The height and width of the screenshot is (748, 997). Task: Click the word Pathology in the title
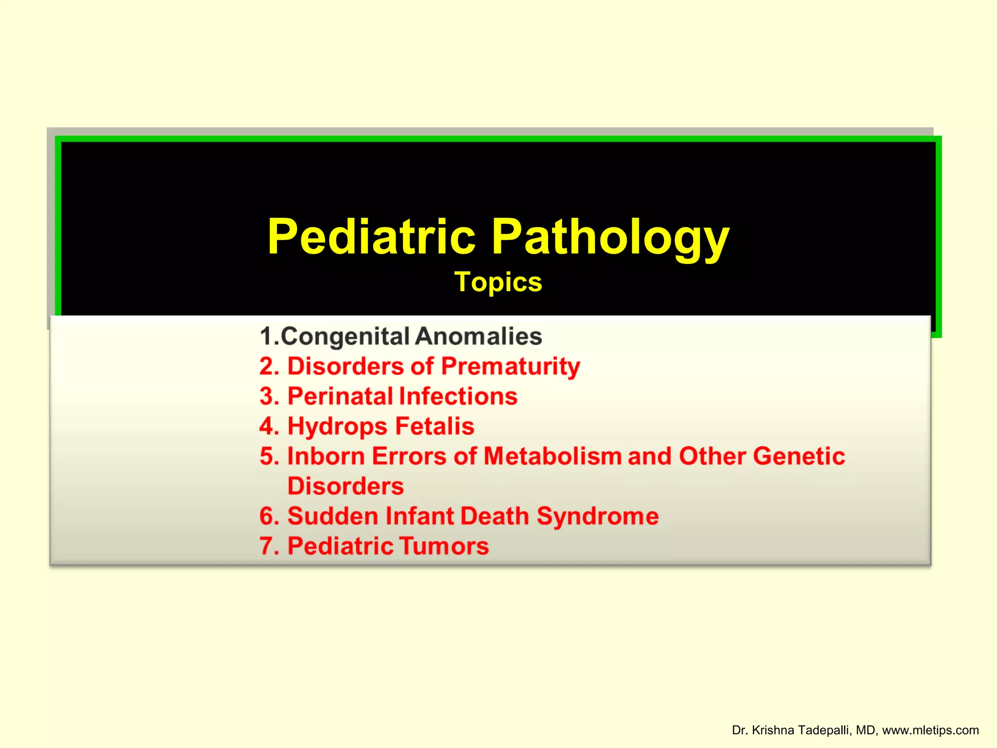coord(610,237)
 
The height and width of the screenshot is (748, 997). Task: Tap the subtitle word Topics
coord(498,282)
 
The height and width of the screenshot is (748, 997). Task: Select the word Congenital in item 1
coord(345,337)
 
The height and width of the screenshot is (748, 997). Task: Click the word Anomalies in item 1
coord(479,337)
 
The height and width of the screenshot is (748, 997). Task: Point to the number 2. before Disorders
coord(269,366)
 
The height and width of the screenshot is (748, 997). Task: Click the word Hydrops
coord(337,427)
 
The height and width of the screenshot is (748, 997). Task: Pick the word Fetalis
coord(434,427)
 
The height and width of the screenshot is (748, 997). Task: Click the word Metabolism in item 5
coord(552,456)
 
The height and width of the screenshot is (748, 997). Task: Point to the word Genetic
coord(799,456)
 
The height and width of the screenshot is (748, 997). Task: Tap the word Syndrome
coord(597,516)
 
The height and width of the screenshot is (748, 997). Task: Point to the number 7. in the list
coord(269,546)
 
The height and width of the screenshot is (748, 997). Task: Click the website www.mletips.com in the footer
coord(930,730)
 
